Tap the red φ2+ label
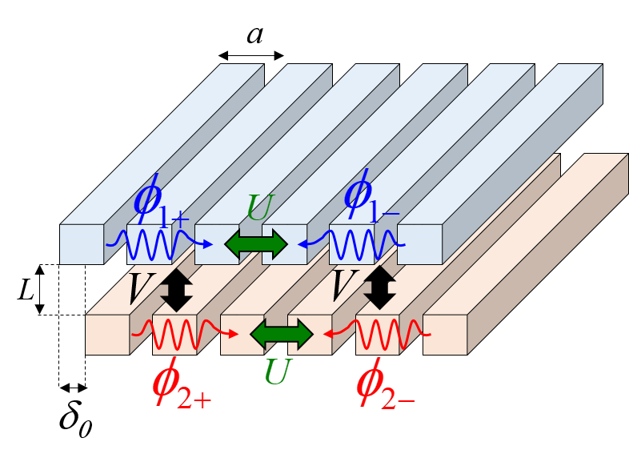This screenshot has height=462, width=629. pos(180,385)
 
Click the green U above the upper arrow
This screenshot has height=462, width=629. pos(260,209)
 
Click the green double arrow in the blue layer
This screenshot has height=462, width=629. pos(256,243)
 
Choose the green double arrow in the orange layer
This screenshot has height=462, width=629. pos(282,334)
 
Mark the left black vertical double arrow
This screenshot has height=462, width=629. pos(176,289)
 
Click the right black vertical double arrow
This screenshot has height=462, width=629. pos(380,288)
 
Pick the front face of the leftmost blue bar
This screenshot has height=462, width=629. pos(82,244)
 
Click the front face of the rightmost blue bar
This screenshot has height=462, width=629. pos(419,244)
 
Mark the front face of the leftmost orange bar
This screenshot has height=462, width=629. pos(107,335)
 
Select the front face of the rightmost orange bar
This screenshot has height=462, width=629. pos(445,335)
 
